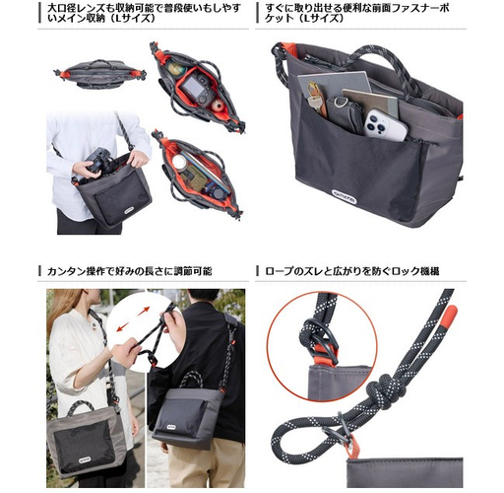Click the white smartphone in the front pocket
386,125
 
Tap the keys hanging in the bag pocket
314,98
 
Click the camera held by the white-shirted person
98,161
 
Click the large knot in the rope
382,393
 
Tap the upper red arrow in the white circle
144,311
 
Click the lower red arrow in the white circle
123,326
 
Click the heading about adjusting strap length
130,271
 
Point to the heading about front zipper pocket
356,13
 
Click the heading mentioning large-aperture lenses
144,13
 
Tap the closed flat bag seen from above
100,74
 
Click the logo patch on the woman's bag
83,459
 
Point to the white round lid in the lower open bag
179,162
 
